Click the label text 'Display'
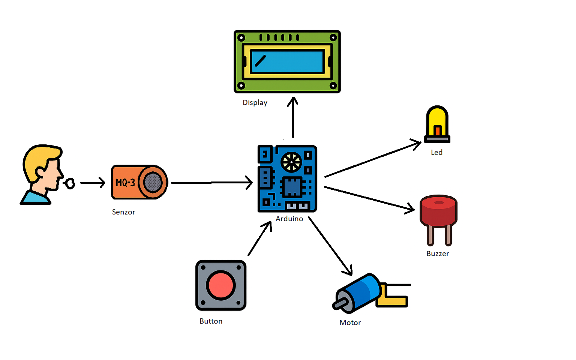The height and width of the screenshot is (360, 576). click(x=255, y=103)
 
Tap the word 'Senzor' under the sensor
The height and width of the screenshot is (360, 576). click(x=123, y=212)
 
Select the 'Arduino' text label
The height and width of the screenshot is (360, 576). click(x=289, y=219)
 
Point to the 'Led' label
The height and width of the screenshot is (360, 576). click(x=436, y=153)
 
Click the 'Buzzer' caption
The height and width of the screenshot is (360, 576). click(x=438, y=254)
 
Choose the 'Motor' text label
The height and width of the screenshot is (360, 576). click(x=350, y=323)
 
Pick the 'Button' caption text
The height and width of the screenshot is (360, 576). click(x=211, y=321)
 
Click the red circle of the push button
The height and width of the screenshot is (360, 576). click(x=220, y=285)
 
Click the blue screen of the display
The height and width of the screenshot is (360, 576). click(x=287, y=61)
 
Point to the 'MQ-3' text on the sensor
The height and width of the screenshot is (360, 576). click(x=125, y=183)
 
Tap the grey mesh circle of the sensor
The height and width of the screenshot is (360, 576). click(x=153, y=183)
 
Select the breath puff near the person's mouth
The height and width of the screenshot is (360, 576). click(x=69, y=183)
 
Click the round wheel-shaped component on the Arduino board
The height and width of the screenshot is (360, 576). click(x=291, y=162)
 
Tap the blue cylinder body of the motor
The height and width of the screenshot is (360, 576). click(x=360, y=292)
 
